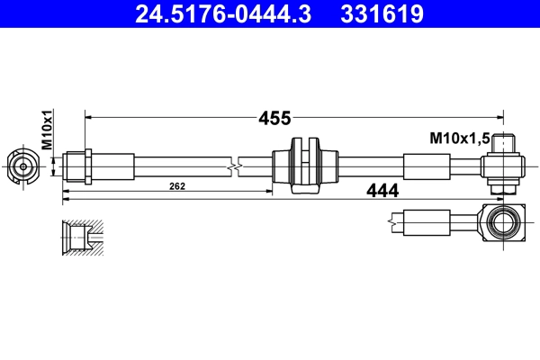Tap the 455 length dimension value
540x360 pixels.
pos(274,118)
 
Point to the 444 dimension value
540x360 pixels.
pos(383,190)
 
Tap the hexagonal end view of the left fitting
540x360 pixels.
pos(22,166)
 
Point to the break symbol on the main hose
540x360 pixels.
pos(235,166)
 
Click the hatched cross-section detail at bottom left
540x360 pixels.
pos(82,236)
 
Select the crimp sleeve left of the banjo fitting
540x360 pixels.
pos(425,166)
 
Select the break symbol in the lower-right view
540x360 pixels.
pos(394,220)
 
